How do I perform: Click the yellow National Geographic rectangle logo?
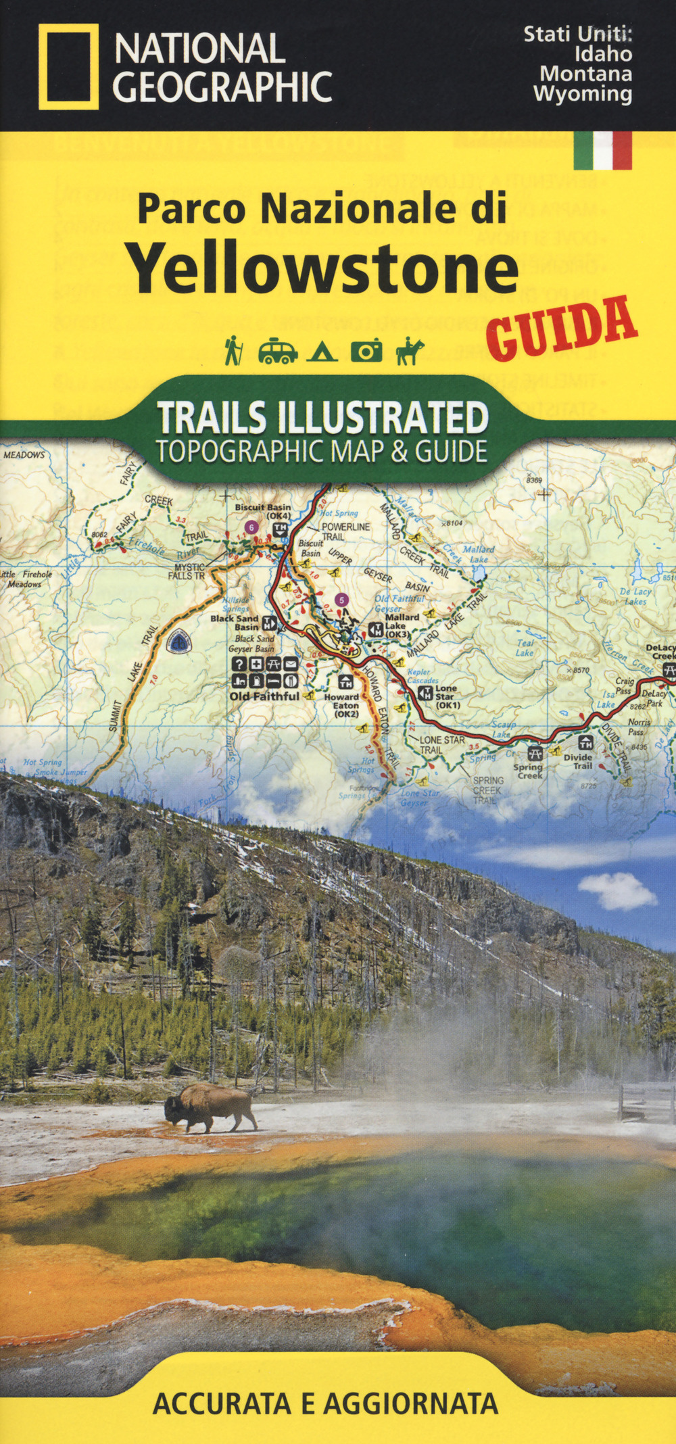(x=68, y=66)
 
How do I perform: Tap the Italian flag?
(x=602, y=149)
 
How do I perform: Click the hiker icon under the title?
(x=233, y=350)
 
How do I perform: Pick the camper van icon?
(x=277, y=351)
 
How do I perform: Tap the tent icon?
(x=322, y=352)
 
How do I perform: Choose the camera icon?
(x=366, y=351)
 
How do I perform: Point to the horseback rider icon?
(x=410, y=351)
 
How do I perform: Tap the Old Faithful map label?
(x=264, y=696)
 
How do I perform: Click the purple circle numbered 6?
(x=251, y=527)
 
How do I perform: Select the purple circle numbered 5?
(x=342, y=600)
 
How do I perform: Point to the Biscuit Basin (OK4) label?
(x=263, y=511)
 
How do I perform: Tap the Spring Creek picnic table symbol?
(x=535, y=752)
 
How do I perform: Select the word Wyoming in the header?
(x=583, y=93)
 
